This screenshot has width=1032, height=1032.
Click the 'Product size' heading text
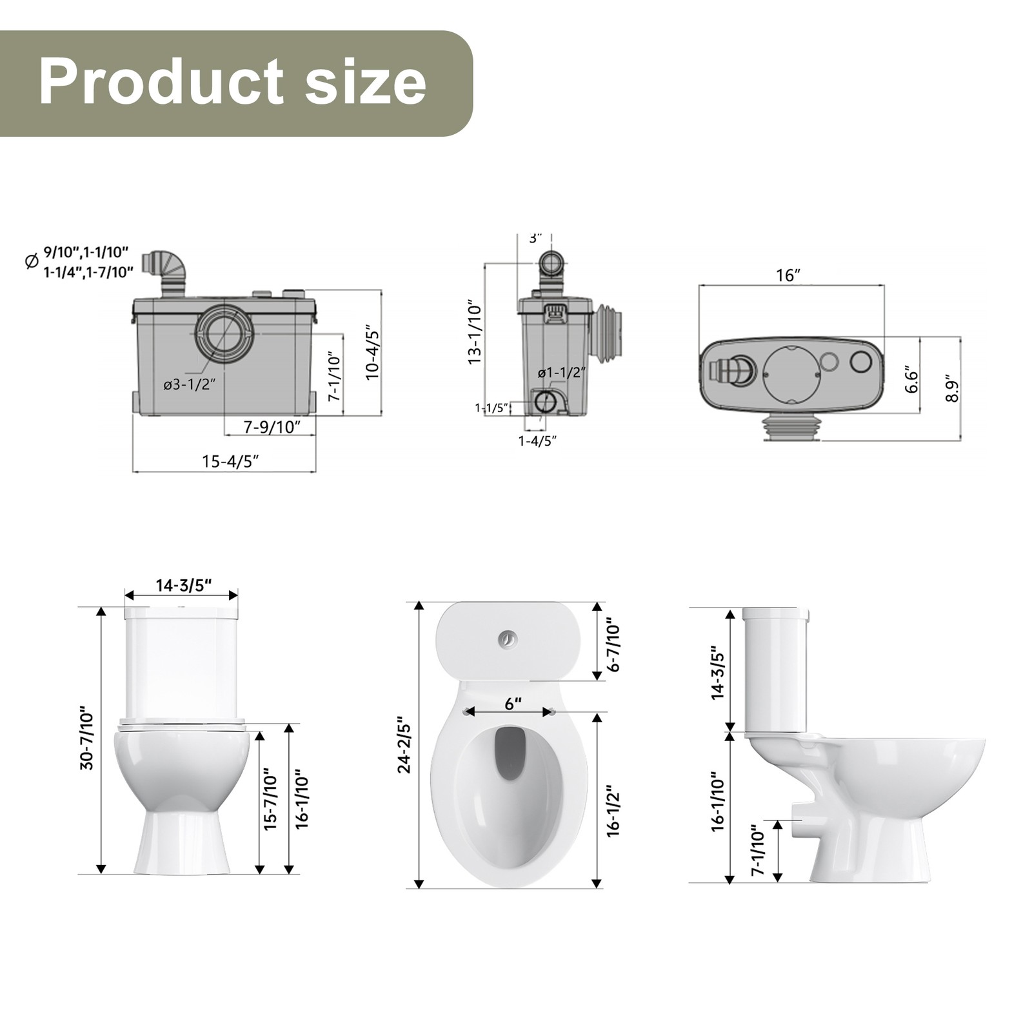[x=232, y=83]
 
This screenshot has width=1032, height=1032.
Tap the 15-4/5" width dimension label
[x=230, y=461]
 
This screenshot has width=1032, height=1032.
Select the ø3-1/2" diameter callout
[x=188, y=385]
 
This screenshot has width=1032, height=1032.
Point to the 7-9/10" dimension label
[x=272, y=427]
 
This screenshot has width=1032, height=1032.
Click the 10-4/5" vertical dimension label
[x=373, y=354]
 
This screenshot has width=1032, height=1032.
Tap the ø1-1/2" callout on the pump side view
[x=562, y=372]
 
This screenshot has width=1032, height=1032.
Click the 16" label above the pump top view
[x=788, y=275]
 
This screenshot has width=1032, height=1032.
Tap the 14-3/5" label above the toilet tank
[x=183, y=585]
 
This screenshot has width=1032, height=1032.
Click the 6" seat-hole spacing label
[x=513, y=704]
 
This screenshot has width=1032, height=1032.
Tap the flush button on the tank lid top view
[x=508, y=639]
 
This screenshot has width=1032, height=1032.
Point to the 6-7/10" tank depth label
[x=613, y=647]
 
